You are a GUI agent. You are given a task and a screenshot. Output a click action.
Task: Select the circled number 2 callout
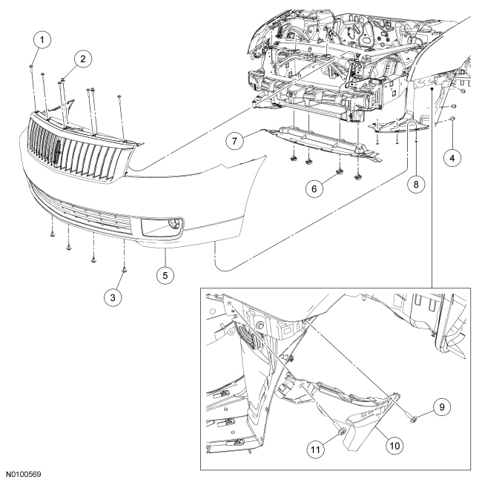(x=83, y=57)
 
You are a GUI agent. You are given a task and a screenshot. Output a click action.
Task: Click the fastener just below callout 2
(x=65, y=79)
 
